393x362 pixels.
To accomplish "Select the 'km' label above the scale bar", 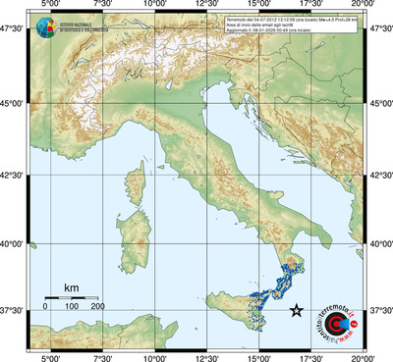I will (x=71, y=287).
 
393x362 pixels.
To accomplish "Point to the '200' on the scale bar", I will (x=98, y=308).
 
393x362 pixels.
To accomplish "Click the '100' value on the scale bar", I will (x=72, y=308).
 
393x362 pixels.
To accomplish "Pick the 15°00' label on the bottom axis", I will (x=259, y=356).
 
